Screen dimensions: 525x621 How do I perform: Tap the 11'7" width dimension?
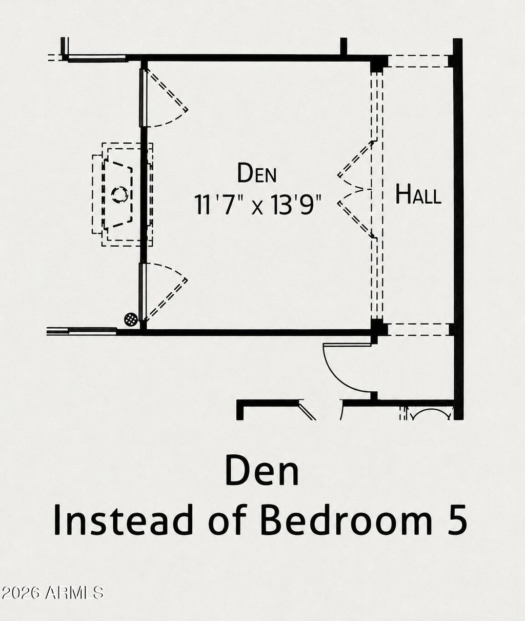[214, 204]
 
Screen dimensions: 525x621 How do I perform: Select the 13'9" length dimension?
[296, 204]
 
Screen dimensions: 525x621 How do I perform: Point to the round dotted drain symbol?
[131, 319]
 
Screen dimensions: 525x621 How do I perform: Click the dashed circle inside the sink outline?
[120, 195]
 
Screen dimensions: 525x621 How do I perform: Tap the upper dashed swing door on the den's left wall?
[165, 97]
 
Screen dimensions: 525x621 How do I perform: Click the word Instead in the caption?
[123, 520]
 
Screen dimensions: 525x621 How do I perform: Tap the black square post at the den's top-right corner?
[379, 64]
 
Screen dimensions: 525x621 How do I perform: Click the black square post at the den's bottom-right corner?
[379, 328]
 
